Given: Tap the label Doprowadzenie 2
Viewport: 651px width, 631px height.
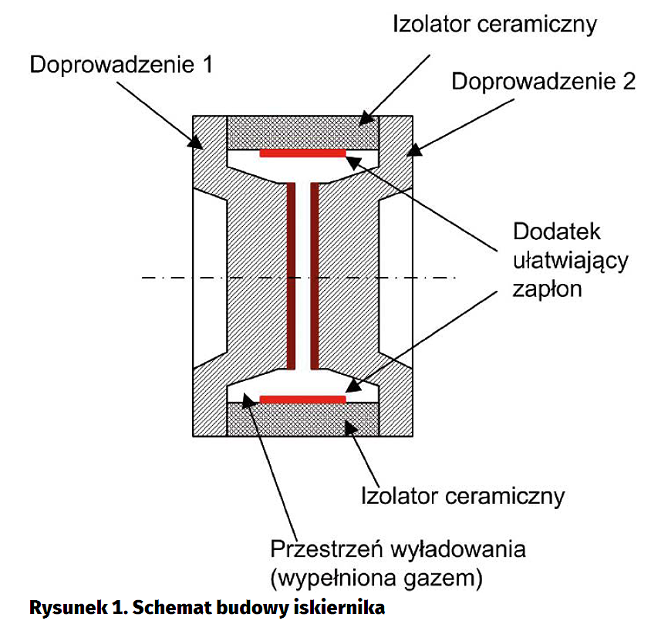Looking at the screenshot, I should click(x=543, y=82).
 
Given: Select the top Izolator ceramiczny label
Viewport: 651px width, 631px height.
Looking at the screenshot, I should click(x=494, y=24).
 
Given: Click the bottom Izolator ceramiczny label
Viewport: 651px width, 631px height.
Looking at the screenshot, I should click(x=463, y=494).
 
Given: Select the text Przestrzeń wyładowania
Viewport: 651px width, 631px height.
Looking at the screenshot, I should click(x=397, y=549).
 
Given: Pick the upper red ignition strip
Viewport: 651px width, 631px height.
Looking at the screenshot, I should click(x=302, y=154).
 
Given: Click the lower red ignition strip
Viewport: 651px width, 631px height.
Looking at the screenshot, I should click(x=302, y=400).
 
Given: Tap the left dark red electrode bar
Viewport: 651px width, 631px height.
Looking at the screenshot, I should click(x=292, y=275).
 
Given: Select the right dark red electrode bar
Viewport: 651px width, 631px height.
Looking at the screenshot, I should click(x=314, y=275).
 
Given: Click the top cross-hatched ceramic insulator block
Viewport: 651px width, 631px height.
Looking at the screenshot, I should click(x=302, y=133).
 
